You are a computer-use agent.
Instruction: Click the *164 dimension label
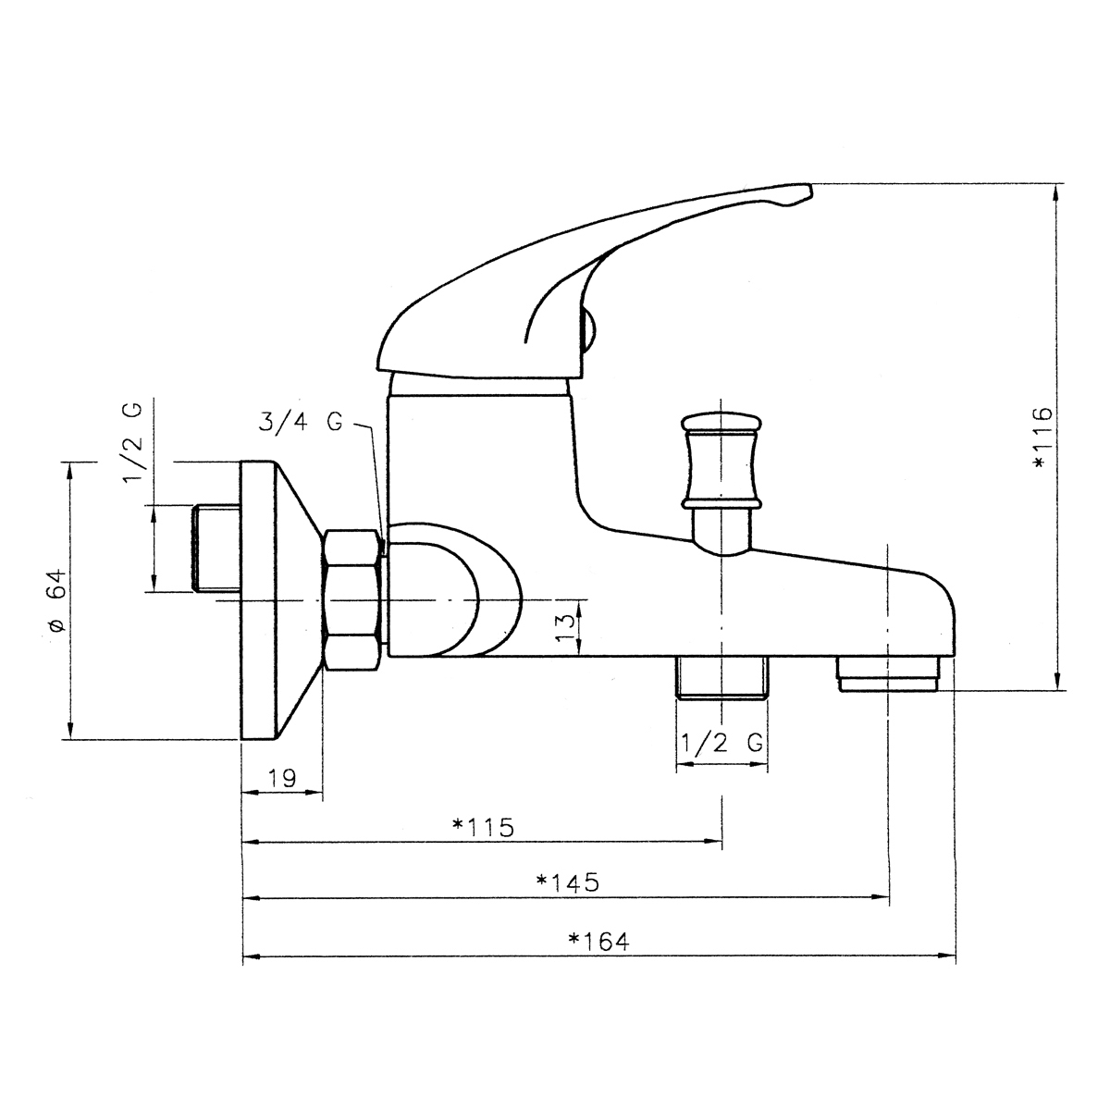[x=599, y=942]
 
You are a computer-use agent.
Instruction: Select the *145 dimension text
[x=567, y=882]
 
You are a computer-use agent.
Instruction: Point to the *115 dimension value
[x=483, y=827]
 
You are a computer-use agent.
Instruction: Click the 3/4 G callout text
[x=300, y=422]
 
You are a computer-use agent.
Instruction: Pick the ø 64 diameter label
[x=58, y=601]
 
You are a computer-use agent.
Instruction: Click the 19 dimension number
[x=282, y=778]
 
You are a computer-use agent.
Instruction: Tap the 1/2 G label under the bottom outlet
[x=722, y=743]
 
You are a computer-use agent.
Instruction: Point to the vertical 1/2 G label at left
[x=132, y=442]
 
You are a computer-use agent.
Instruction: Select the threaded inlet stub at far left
[x=216, y=548]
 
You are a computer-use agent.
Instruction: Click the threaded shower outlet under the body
[x=722, y=677]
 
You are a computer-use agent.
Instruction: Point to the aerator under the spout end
[x=888, y=673]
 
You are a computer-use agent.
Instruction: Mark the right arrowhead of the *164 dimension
[x=949, y=956]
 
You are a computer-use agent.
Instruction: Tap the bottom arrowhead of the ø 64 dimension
[x=70, y=731]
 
